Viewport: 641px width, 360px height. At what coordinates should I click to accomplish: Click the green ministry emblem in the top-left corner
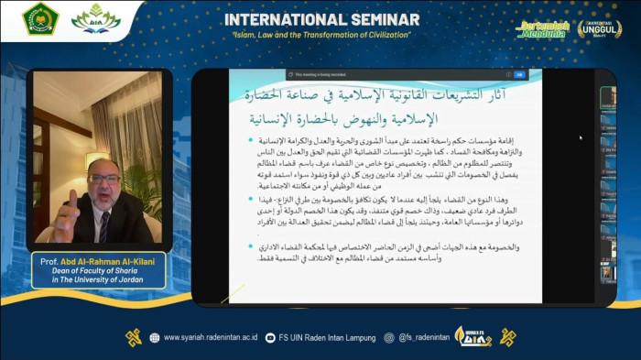pos(41,19)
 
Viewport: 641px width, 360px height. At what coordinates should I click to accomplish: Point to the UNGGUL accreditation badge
pos(600,29)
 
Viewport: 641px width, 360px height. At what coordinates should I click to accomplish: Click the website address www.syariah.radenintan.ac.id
pos(208,337)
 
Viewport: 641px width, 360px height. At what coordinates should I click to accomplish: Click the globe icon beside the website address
pos(154,337)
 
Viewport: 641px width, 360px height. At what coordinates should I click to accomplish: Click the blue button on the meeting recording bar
pos(519,75)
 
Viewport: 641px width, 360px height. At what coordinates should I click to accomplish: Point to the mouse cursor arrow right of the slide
pos(581,137)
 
